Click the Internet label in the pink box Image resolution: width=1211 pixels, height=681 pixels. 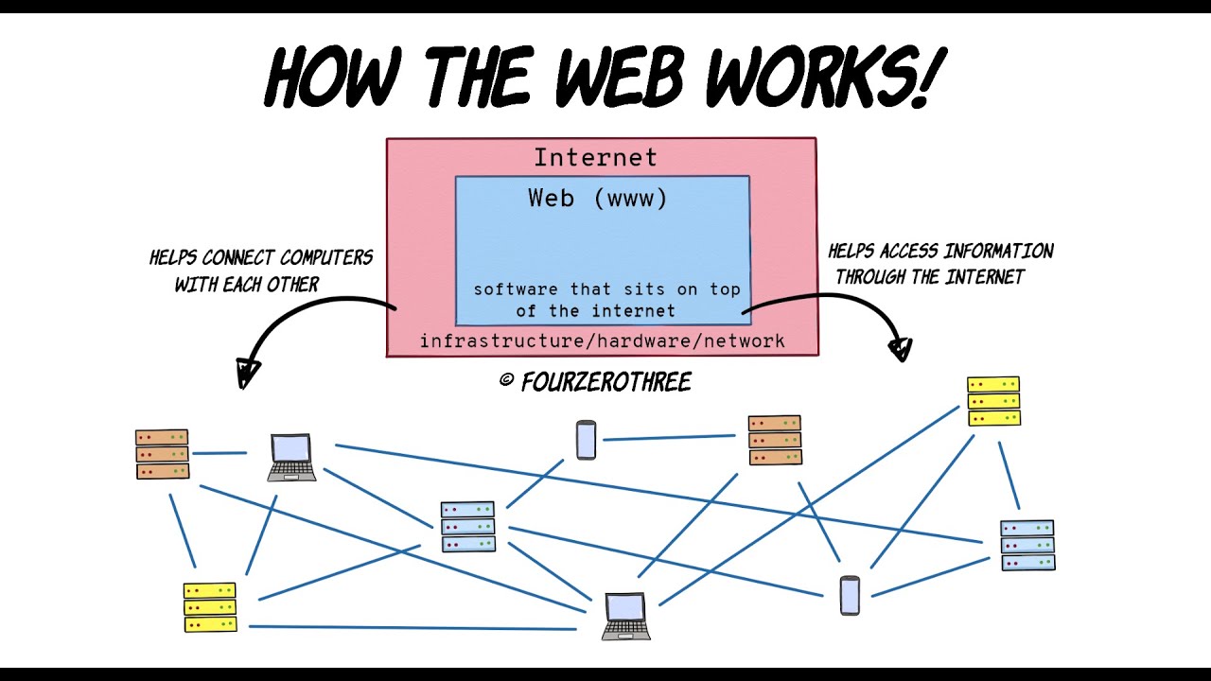pyautogui.click(x=595, y=157)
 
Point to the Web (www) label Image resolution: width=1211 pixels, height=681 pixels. pyautogui.click(x=598, y=198)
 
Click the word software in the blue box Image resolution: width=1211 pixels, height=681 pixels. pyautogui.click(x=517, y=289)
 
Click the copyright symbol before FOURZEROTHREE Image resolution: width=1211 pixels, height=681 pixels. pyautogui.click(x=506, y=380)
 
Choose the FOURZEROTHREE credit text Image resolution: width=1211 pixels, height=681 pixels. pyautogui.click(x=606, y=382)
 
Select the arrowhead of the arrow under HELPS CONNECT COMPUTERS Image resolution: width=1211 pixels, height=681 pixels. pyautogui.click(x=248, y=374)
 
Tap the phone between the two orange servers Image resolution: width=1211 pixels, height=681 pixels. pyautogui.click(x=586, y=440)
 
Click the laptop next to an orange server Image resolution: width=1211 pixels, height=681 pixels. pyautogui.click(x=291, y=457)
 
